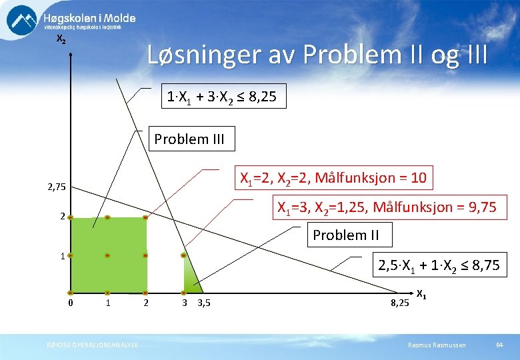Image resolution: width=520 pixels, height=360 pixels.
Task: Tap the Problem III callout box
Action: coord(189,139)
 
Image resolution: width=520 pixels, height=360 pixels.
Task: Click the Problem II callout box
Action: coord(345,235)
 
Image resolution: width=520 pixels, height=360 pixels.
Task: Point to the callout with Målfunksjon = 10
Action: coord(332,178)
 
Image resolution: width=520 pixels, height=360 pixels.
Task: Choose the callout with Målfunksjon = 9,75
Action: coord(387,207)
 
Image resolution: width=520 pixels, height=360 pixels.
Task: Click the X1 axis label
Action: coord(423,293)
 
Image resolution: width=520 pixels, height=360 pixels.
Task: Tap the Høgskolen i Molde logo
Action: coord(70,21)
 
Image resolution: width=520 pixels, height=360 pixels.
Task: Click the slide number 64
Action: coord(499,344)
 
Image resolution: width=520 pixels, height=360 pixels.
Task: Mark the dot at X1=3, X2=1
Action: coord(183,255)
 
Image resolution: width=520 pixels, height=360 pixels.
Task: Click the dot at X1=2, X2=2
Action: coord(145,217)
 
